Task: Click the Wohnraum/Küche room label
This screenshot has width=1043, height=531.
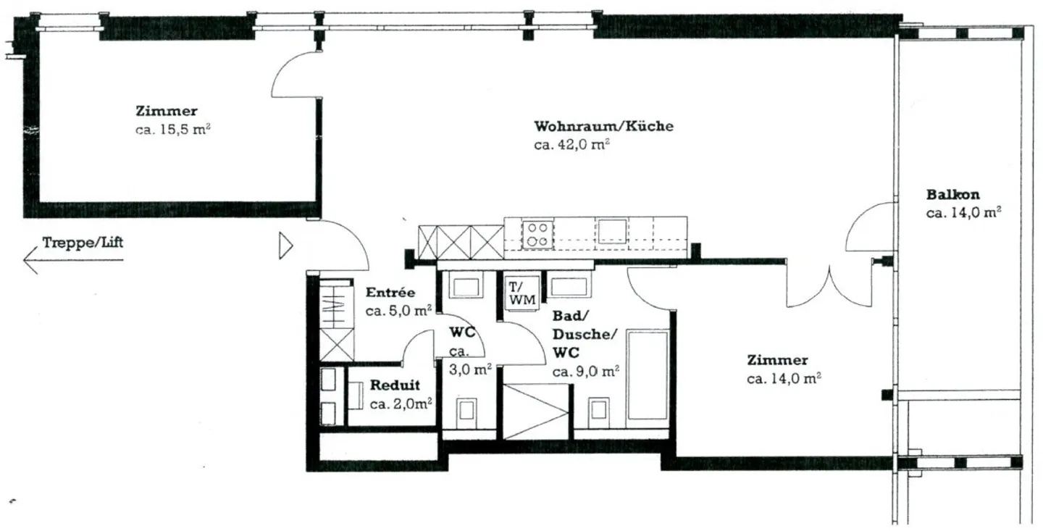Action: (603, 126)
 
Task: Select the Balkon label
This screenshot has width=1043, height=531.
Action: (952, 194)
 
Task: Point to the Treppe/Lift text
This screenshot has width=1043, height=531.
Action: (83, 242)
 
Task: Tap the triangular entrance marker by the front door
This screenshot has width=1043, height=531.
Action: (285, 246)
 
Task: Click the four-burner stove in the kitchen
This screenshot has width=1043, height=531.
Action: (537, 233)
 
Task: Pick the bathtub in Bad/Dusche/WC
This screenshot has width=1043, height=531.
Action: (648, 375)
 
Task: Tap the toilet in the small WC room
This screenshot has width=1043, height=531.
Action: (465, 410)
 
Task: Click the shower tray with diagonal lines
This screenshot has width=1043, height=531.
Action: (536, 411)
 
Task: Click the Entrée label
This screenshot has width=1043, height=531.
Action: (390, 293)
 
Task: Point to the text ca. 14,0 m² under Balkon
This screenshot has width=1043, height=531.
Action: (963, 213)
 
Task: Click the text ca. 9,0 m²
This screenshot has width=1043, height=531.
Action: (585, 372)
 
